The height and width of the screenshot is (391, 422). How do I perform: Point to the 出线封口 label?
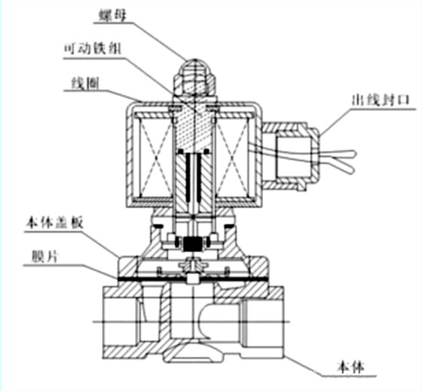378,99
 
